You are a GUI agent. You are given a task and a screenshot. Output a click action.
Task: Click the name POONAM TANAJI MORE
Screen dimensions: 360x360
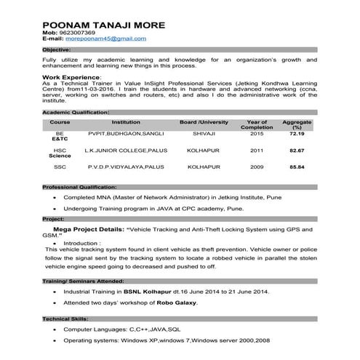pyautogui.click(x=104, y=25)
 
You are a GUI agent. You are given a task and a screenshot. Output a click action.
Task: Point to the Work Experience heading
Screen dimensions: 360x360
pyautogui.click(x=71, y=76)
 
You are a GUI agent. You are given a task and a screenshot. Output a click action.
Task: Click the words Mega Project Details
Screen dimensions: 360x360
pyautogui.click(x=88, y=228)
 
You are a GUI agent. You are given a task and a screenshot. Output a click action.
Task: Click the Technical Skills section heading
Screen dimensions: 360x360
pyautogui.click(x=65, y=319)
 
